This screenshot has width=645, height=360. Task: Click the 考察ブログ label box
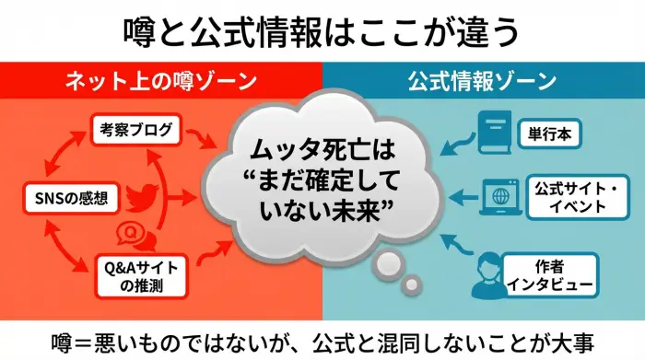tap(135, 130)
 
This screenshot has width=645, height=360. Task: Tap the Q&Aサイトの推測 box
tap(138, 275)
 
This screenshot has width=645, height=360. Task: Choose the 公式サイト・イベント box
tap(570, 197)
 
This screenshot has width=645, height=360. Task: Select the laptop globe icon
tap(500, 196)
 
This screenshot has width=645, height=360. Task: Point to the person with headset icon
tap(491, 273)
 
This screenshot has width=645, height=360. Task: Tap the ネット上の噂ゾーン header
tap(160, 81)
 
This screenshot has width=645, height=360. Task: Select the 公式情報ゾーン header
tap(483, 81)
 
